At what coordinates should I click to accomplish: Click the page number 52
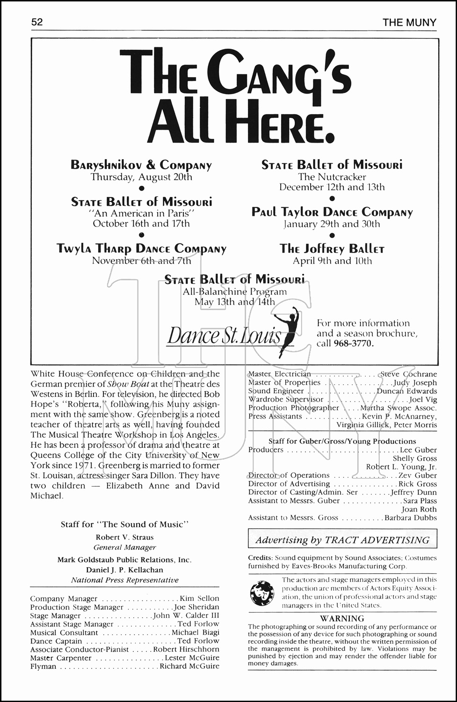click(x=37, y=22)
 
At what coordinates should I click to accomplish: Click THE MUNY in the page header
click(x=409, y=22)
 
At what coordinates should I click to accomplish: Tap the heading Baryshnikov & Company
click(x=141, y=165)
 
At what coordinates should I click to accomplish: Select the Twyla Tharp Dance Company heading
click(x=141, y=249)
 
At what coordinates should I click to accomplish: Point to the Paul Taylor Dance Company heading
click(x=332, y=212)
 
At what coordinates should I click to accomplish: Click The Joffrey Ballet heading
click(x=332, y=249)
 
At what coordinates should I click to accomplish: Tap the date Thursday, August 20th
click(x=141, y=177)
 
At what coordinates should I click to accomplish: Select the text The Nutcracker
click(x=332, y=177)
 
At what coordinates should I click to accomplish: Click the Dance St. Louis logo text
click(x=225, y=336)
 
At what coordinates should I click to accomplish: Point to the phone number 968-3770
click(x=354, y=344)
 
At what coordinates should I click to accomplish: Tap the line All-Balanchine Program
click(x=235, y=292)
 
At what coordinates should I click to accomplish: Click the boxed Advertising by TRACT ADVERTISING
click(x=342, y=540)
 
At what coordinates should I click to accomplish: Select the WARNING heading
click(x=342, y=618)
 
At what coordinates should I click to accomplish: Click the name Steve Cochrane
click(x=408, y=374)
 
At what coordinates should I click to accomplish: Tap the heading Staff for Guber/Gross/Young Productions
click(x=342, y=441)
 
